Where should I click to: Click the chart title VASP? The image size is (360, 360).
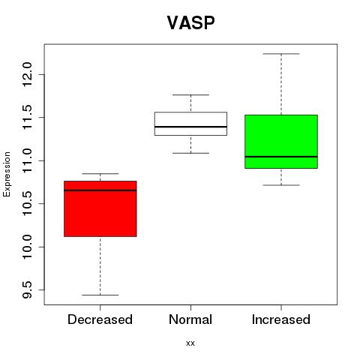click(x=190, y=22)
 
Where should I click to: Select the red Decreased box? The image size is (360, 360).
click(x=100, y=208)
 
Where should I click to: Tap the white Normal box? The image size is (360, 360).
click(x=190, y=124)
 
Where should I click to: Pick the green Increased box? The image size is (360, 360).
click(x=281, y=142)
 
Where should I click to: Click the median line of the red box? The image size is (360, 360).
click(x=100, y=190)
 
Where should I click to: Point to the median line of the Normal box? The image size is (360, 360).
click(x=190, y=127)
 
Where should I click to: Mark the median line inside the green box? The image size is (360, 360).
click(x=281, y=157)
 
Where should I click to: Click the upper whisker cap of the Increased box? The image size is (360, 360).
click(x=281, y=54)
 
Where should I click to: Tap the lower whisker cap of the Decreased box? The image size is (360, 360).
click(x=100, y=295)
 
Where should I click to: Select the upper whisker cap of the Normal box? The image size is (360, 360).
click(x=190, y=95)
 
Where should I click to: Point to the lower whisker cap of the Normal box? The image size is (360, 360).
click(x=190, y=153)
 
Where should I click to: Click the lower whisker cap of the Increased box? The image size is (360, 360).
click(x=281, y=185)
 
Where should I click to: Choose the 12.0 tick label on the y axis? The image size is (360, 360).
click(x=27, y=74)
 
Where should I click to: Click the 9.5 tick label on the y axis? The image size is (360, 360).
click(x=27, y=290)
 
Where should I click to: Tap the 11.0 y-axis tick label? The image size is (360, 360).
click(x=27, y=160)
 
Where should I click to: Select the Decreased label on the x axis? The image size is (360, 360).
click(x=100, y=319)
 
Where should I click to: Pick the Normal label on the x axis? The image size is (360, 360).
click(x=190, y=319)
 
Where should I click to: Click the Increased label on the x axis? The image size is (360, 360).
click(x=281, y=319)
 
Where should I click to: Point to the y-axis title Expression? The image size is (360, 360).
click(x=7, y=175)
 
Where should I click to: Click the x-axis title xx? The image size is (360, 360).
click(x=190, y=343)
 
